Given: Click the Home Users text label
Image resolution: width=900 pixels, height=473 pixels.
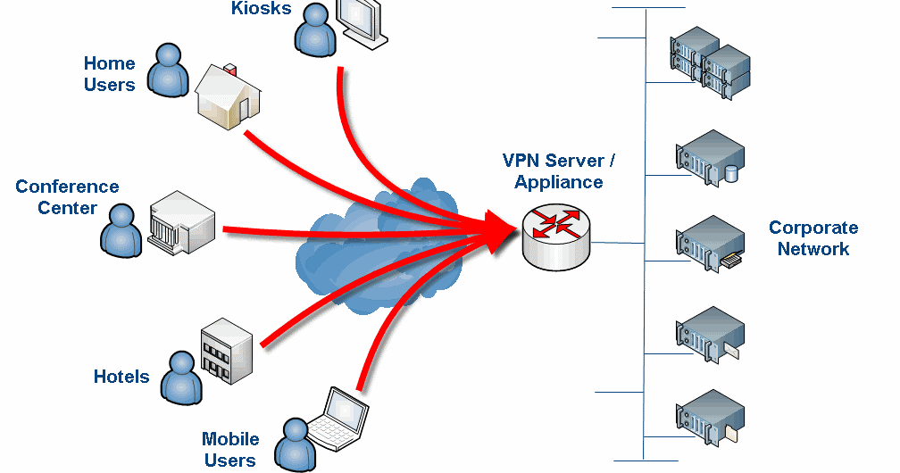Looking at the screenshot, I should click(110, 74).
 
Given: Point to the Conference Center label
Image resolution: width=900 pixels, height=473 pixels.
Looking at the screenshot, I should click(67, 197).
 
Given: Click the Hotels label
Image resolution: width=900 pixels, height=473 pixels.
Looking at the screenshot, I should click(121, 377).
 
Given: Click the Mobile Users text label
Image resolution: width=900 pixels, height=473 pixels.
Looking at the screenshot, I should click(230, 450).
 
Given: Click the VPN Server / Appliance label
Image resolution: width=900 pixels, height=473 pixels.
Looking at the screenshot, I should click(559, 171).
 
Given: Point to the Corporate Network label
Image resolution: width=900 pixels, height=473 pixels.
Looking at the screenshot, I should click(813, 238).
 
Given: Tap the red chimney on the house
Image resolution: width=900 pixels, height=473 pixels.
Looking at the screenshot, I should click(232, 68).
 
